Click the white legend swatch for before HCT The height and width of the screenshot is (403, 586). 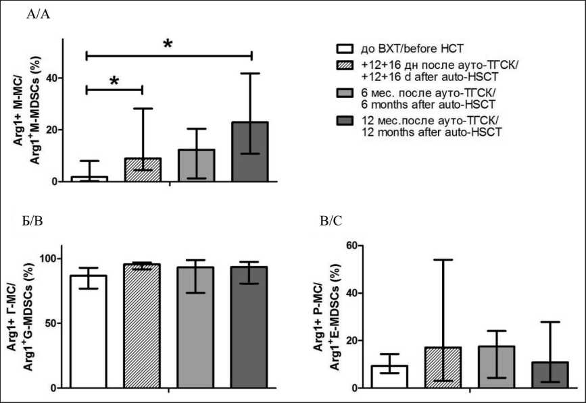click(x=345, y=49)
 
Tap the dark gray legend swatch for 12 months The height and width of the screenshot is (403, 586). click(x=345, y=122)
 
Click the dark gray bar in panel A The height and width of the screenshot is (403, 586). click(x=250, y=152)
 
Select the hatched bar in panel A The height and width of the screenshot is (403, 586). click(x=142, y=170)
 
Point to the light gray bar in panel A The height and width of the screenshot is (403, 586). click(x=196, y=165)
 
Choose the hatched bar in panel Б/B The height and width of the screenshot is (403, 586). click(x=142, y=327)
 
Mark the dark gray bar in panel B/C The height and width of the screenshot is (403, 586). click(x=550, y=375)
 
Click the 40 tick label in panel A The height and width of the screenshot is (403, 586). click(x=49, y=78)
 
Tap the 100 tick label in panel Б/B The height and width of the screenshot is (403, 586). click(x=47, y=259)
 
